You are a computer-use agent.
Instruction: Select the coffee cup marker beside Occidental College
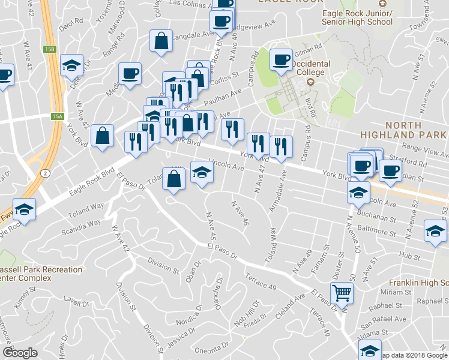click(281, 59)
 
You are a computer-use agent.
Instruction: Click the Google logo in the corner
click(20, 352)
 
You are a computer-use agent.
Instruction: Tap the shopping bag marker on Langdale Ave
click(161, 41)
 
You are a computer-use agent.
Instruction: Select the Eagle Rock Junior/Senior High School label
click(357, 17)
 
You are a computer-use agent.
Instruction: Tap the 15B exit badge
click(49, 49)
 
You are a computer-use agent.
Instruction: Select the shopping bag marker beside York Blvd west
click(103, 136)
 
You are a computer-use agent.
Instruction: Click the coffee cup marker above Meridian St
click(390, 170)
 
